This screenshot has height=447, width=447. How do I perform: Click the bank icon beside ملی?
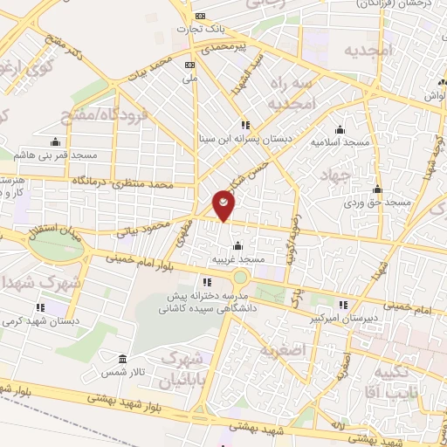tap(190, 65)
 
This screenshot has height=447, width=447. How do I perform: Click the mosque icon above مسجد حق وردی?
tap(377, 189)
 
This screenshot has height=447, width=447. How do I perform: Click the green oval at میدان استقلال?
tap(57, 245)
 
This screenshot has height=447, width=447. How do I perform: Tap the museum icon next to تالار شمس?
tap(121, 360)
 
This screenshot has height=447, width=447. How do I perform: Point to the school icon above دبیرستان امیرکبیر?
tap(343, 305)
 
